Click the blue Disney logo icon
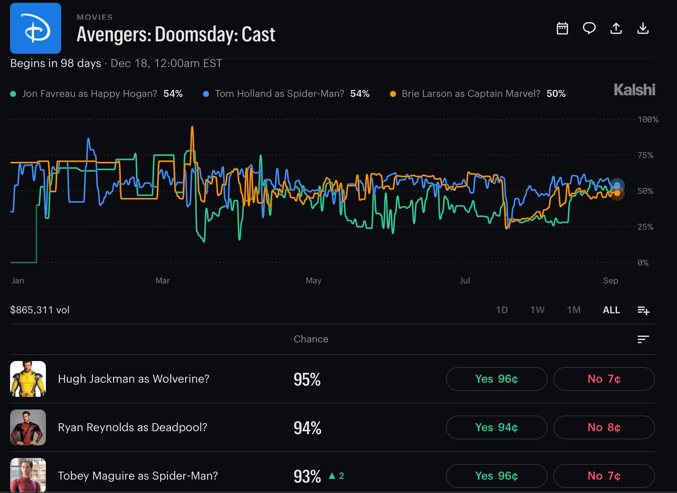(35, 29)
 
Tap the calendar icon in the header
(562, 29)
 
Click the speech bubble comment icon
(589, 29)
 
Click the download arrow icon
(643, 29)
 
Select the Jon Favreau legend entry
(96, 94)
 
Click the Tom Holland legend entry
(286, 94)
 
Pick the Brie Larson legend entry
(478, 94)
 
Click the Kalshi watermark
(634, 90)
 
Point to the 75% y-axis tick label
(646, 155)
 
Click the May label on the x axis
(313, 281)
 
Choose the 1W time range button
(537, 310)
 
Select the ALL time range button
(611, 310)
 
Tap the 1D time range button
(502, 310)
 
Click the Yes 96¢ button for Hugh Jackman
(497, 379)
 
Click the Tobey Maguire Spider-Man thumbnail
(28, 475)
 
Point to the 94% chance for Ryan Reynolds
(308, 428)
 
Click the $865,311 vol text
(40, 310)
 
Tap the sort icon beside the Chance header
(643, 339)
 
